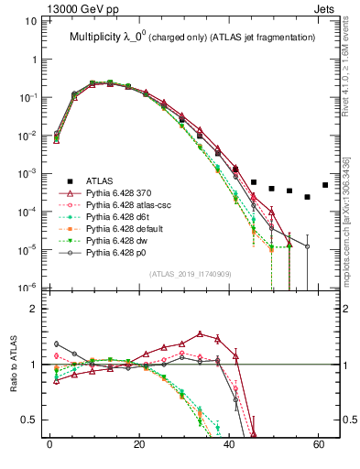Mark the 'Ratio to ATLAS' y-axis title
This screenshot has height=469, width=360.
(14, 365)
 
